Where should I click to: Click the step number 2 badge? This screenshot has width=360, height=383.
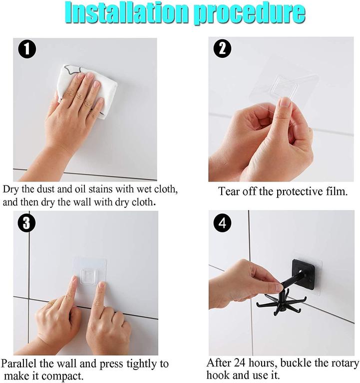222,49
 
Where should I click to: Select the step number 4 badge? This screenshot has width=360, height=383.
222,222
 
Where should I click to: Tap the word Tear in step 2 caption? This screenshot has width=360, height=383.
230,191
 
